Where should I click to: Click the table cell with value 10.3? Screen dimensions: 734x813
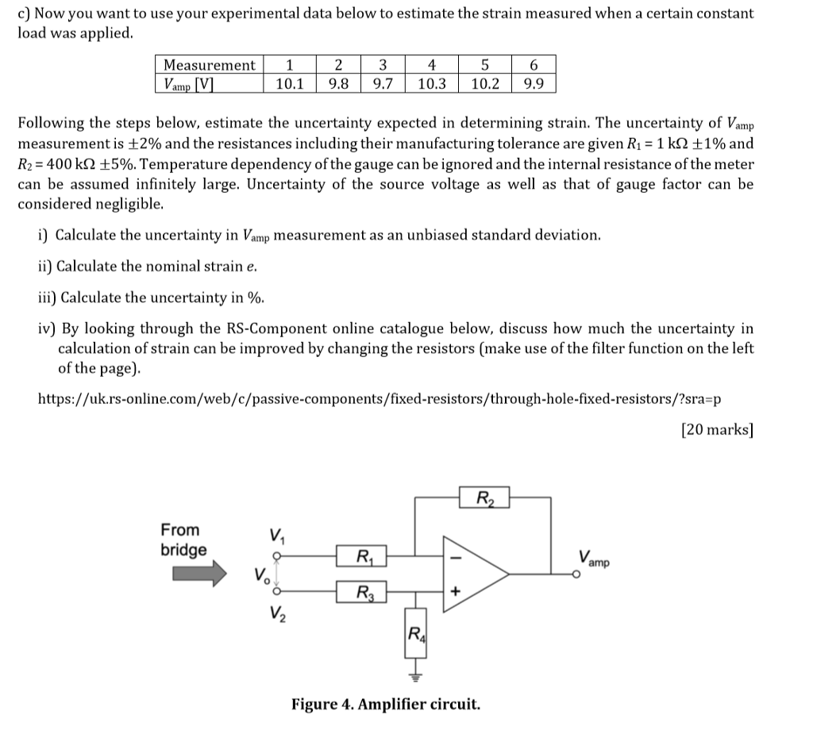tap(431, 83)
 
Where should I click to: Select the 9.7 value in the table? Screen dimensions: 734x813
tap(383, 83)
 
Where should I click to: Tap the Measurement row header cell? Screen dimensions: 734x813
tap(209, 65)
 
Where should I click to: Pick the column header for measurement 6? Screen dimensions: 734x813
tap(534, 65)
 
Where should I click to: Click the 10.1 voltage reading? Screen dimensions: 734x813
tap(289, 83)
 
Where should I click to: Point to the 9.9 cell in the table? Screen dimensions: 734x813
tap(534, 83)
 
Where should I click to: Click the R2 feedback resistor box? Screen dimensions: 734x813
tap(484, 498)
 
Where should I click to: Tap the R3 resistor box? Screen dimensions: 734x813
tap(361, 592)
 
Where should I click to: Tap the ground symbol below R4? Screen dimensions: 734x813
tap(414, 675)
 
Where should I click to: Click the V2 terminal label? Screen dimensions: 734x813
tap(277, 613)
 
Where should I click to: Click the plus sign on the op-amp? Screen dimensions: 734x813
tap(456, 591)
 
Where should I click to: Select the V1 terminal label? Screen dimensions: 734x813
tap(277, 534)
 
